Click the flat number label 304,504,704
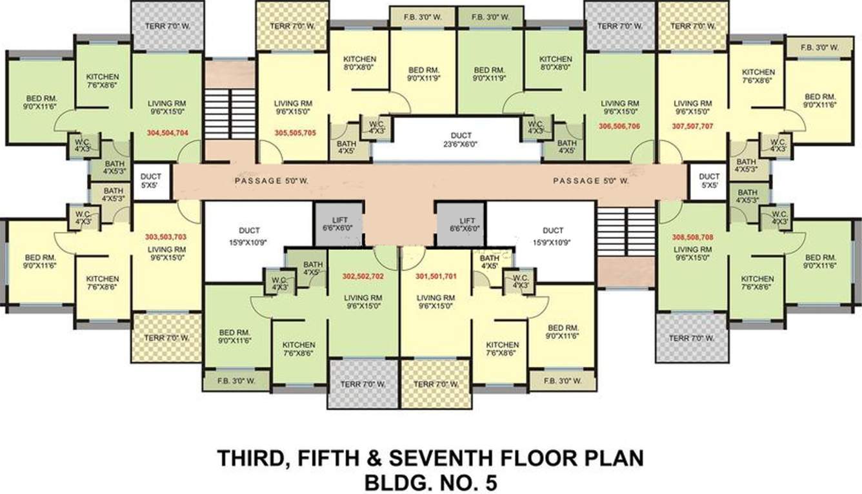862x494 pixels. [x=168, y=132]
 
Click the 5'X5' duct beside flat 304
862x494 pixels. [x=150, y=181]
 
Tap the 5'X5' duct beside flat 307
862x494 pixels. [x=709, y=181]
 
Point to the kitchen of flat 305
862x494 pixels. [x=359, y=62]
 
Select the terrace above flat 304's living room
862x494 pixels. [x=167, y=26]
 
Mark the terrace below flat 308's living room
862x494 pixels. [x=691, y=338]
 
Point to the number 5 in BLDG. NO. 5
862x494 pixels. [x=491, y=482]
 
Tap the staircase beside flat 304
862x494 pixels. [x=230, y=114]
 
